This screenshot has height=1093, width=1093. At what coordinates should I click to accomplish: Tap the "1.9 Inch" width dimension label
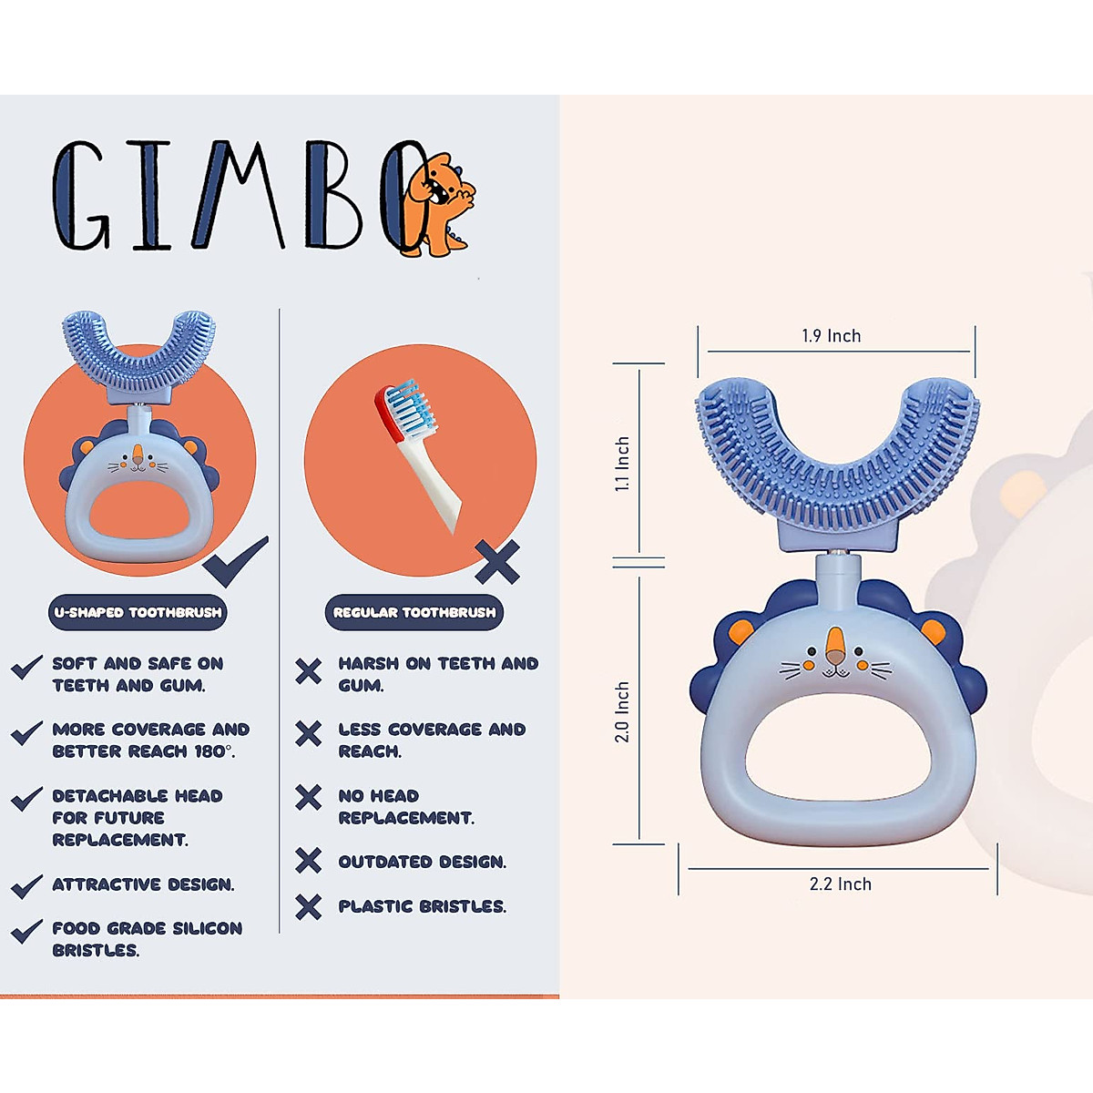pyautogui.click(x=831, y=336)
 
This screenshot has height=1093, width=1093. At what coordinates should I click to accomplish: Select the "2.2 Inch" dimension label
pyautogui.click(x=840, y=884)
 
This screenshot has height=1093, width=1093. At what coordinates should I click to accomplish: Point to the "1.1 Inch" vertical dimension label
pyautogui.click(x=623, y=465)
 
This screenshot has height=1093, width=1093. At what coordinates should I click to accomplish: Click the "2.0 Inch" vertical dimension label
pyautogui.click(x=623, y=711)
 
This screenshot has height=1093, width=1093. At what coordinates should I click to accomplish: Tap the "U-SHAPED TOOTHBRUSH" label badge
pyautogui.click(x=138, y=613)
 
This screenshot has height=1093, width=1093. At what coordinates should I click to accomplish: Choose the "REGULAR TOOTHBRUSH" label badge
pyautogui.click(x=414, y=613)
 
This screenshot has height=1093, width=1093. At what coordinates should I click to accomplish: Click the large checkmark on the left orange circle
pyautogui.click(x=235, y=562)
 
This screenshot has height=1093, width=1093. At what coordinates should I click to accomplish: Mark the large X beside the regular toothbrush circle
pyautogui.click(x=497, y=562)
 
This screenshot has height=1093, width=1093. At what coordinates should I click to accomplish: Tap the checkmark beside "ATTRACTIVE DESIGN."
pyautogui.click(x=26, y=885)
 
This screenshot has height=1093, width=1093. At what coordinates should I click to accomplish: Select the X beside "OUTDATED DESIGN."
pyautogui.click(x=309, y=861)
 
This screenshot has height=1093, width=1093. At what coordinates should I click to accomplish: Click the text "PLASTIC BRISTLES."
pyautogui.click(x=422, y=906)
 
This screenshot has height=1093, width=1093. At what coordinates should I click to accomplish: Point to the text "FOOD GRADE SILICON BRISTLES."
pyautogui.click(x=146, y=939)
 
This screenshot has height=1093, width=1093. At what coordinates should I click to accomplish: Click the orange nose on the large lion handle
pyautogui.click(x=834, y=646)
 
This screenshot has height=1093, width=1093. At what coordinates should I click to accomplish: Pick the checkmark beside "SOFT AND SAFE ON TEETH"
pyautogui.click(x=26, y=667)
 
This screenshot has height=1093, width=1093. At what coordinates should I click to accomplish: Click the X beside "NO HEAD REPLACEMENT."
pyautogui.click(x=309, y=797)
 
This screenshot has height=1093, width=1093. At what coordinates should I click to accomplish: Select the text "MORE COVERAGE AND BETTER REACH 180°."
pyautogui.click(x=149, y=741)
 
